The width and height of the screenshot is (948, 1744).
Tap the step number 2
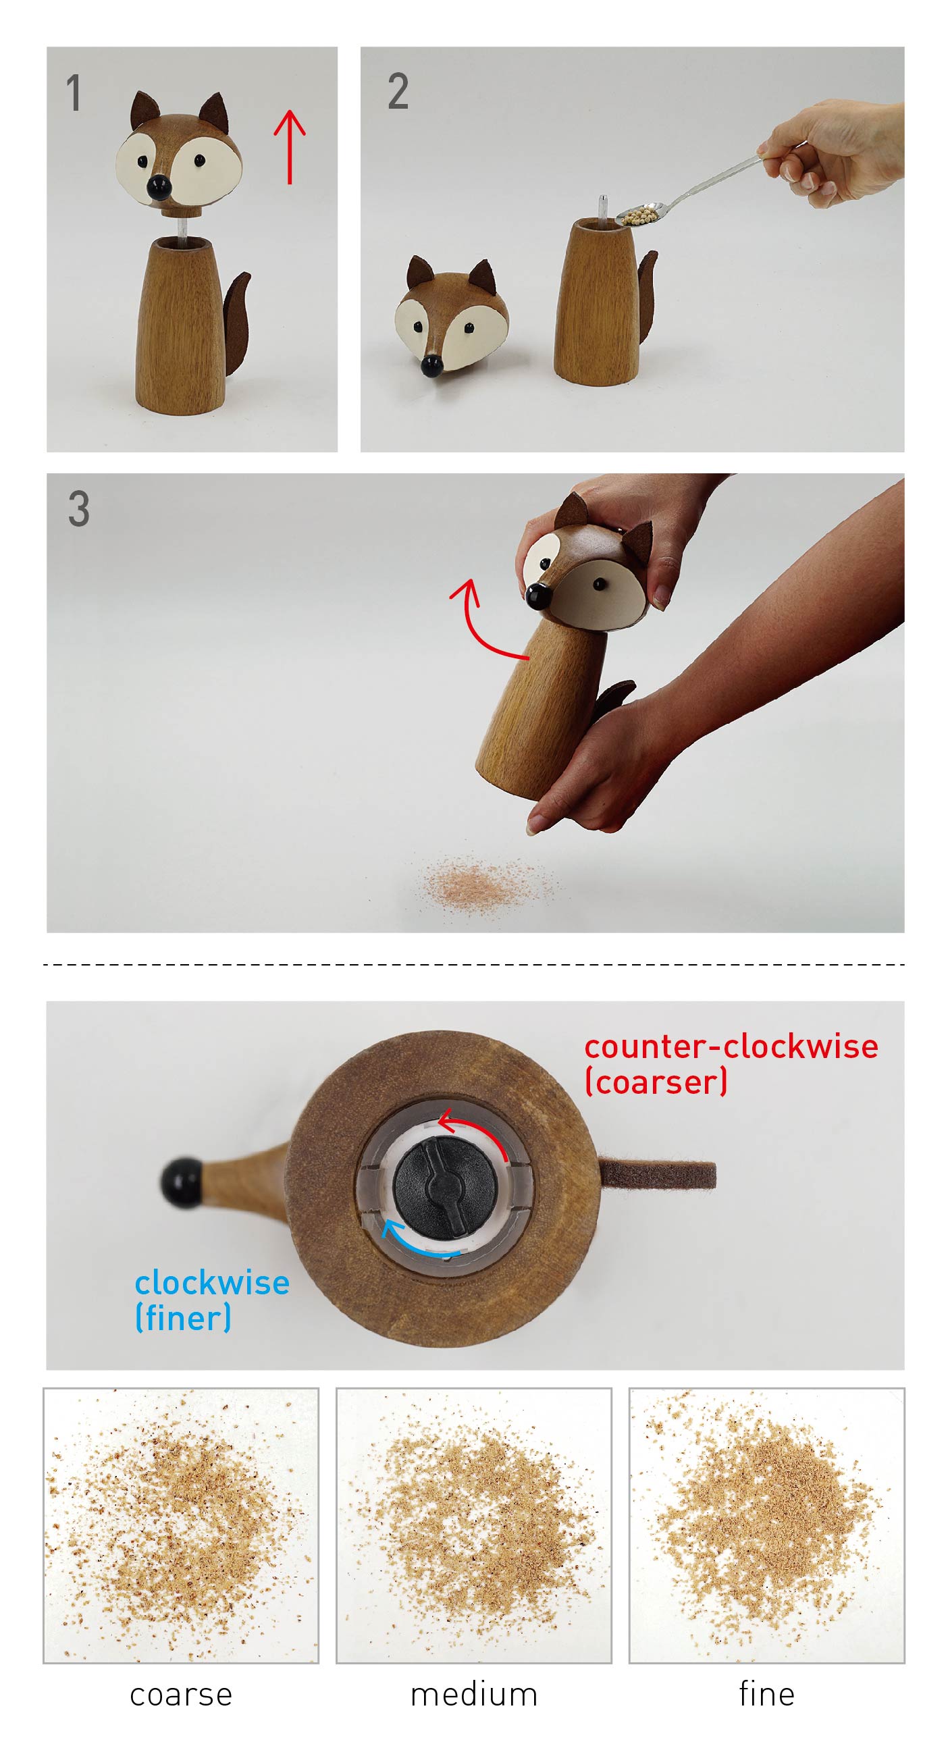point(398,91)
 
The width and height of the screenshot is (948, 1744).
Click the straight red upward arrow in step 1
point(290,147)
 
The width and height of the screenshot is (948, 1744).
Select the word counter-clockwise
point(731,1047)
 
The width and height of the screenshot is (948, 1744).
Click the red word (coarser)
point(656,1081)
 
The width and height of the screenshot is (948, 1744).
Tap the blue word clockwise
point(212,1282)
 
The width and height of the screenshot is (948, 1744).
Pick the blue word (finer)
point(183,1317)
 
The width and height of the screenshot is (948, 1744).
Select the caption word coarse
point(181,1695)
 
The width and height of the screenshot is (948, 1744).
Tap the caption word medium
point(474,1694)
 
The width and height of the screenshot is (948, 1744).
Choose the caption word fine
point(766,1694)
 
